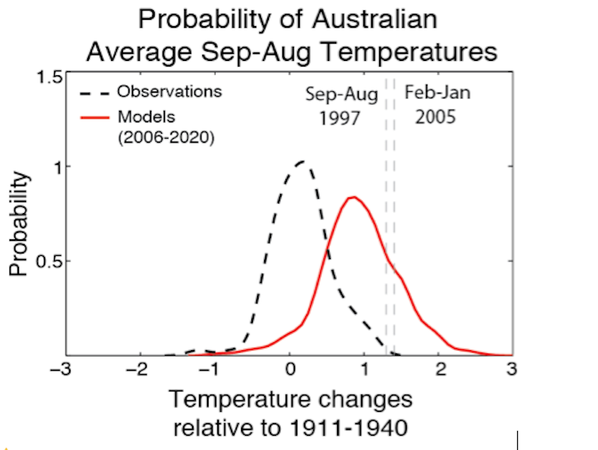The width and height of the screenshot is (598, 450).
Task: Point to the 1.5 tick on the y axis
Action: pyautogui.click(x=49, y=78)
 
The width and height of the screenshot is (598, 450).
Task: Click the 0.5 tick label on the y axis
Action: pyautogui.click(x=49, y=261)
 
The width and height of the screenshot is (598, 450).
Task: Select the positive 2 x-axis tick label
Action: pyautogui.click(x=439, y=371)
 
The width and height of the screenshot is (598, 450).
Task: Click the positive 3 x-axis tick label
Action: pyautogui.click(x=512, y=371)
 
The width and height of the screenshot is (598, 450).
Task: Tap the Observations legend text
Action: pyautogui.click(x=170, y=92)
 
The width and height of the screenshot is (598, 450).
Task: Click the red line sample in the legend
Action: pyautogui.click(x=94, y=116)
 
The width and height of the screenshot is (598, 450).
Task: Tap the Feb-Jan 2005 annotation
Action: pyautogui.click(x=437, y=105)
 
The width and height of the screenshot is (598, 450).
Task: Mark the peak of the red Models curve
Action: pyautogui.click(x=353, y=197)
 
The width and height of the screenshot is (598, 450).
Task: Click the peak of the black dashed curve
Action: pyautogui.click(x=301, y=162)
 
